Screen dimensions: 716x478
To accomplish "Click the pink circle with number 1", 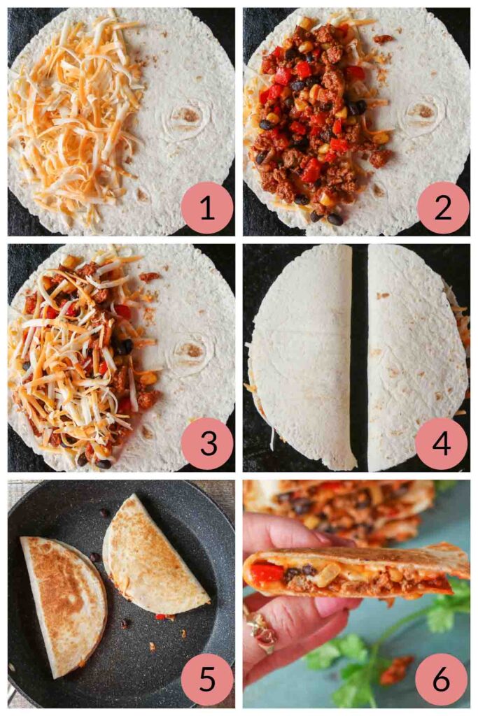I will [x=206, y=208].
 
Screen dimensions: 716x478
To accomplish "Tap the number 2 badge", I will [x=442, y=208].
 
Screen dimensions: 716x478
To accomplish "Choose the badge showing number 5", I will [x=206, y=679].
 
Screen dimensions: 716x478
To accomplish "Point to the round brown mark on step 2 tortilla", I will [x=424, y=112].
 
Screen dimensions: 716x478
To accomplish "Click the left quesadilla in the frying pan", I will [x=63, y=601].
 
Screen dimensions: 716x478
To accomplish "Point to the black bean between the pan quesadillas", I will [x=95, y=557].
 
